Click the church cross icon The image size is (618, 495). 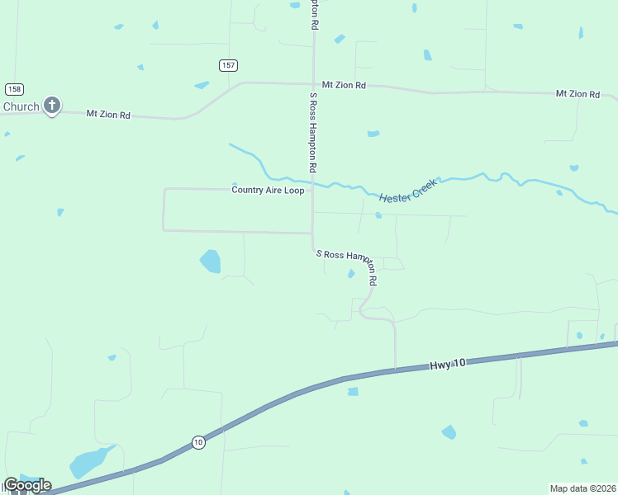(52, 105)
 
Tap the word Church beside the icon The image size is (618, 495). (21, 106)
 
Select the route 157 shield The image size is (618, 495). (229, 65)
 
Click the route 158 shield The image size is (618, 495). (14, 88)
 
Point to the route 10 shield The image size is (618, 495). (198, 442)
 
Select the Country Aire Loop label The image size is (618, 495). (268, 190)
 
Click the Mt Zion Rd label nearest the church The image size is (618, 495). (108, 114)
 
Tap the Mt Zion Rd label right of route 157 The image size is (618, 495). (344, 85)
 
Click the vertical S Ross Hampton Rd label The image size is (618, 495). (314, 132)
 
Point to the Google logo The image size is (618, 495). (26, 485)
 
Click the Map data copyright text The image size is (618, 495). (583, 488)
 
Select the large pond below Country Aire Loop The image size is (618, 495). (211, 262)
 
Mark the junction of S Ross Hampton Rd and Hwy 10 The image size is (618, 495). (396, 370)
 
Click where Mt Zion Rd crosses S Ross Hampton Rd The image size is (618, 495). (313, 83)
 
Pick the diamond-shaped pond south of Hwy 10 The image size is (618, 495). (449, 431)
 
